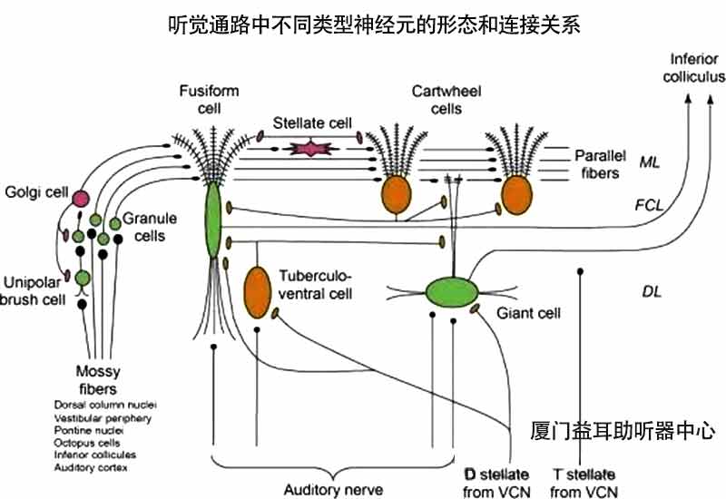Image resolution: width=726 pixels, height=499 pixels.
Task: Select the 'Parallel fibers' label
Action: click(x=595, y=164)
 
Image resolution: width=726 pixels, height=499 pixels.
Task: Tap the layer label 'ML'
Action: click(x=649, y=161)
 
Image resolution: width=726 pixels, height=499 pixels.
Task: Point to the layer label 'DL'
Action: click(x=651, y=291)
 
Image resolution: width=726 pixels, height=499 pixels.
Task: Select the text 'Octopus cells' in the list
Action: click(x=85, y=443)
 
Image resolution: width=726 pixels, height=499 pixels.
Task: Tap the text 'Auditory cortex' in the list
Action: click(x=92, y=467)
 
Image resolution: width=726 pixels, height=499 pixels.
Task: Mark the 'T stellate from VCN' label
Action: click(x=584, y=483)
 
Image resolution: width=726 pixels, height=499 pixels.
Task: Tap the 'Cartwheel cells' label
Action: click(x=435, y=100)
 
